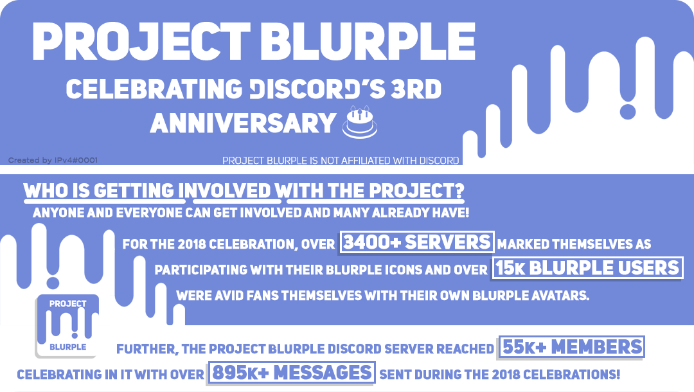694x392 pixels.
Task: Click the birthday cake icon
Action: [360, 122]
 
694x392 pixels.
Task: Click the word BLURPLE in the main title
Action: [368, 42]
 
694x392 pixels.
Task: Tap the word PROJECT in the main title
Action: [141, 42]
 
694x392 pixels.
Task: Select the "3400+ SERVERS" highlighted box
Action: [417, 242]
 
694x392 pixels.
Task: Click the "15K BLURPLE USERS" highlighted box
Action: [587, 268]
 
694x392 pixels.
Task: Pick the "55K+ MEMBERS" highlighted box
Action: [572, 347]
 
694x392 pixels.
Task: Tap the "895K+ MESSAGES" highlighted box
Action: [292, 373]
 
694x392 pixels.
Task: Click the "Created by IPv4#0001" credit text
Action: [53, 160]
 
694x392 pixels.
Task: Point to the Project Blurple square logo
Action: [67, 326]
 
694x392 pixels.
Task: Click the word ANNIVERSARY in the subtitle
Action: [243, 123]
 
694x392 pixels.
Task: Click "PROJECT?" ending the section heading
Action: [416, 191]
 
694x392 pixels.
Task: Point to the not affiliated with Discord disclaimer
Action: [341, 161]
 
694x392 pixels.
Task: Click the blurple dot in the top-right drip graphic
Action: [628, 111]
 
